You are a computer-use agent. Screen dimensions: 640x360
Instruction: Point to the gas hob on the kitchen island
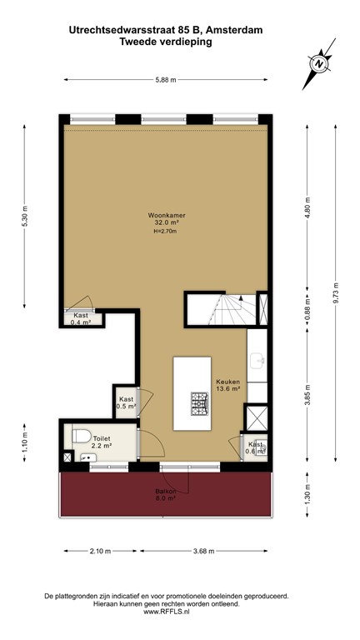click(x=200, y=404)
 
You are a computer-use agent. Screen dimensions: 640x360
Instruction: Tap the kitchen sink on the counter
click(x=260, y=360)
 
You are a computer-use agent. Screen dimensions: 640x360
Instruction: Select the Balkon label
click(x=165, y=493)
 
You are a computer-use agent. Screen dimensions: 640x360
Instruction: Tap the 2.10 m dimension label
click(x=99, y=551)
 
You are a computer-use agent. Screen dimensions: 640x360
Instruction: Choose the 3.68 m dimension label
click(x=204, y=551)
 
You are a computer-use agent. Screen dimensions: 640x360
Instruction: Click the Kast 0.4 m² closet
click(x=82, y=318)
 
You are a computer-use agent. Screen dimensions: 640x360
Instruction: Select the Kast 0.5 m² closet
click(x=126, y=403)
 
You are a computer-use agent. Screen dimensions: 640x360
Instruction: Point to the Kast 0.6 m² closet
click(x=255, y=447)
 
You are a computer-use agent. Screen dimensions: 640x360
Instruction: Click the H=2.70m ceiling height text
click(x=166, y=232)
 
